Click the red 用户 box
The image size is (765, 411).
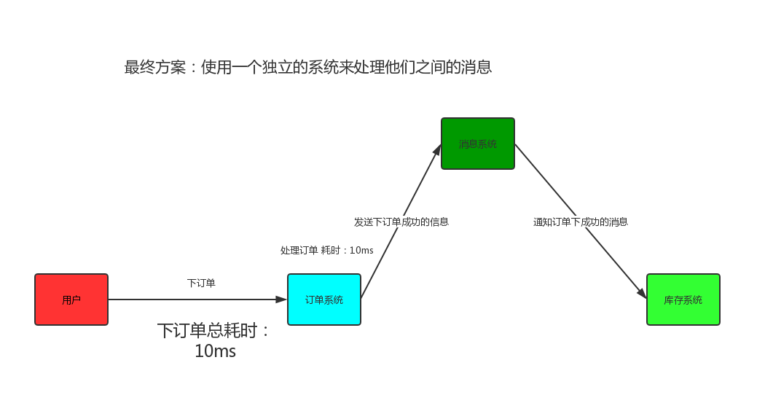[x=71, y=300]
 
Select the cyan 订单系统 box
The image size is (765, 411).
[x=324, y=300]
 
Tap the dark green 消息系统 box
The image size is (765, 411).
[x=478, y=144]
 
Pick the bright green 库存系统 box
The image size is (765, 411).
[x=683, y=300]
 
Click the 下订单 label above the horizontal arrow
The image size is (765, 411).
[x=201, y=283]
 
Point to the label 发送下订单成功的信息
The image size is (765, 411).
[x=401, y=222]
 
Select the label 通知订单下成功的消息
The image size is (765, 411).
[x=581, y=222]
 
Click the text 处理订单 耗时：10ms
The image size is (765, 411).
[x=327, y=250]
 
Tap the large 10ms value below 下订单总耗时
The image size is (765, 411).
[x=215, y=351]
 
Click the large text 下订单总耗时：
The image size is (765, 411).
[x=214, y=331]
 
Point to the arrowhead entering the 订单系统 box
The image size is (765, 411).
[x=282, y=300]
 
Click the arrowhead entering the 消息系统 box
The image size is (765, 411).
[x=438, y=149]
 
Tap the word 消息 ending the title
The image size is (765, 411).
[x=476, y=67]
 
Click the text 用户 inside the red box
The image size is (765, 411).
[x=71, y=300]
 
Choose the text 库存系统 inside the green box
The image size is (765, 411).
[x=683, y=300]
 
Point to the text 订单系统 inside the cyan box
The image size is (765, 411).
[x=324, y=300]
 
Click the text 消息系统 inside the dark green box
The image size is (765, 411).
[x=478, y=144]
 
